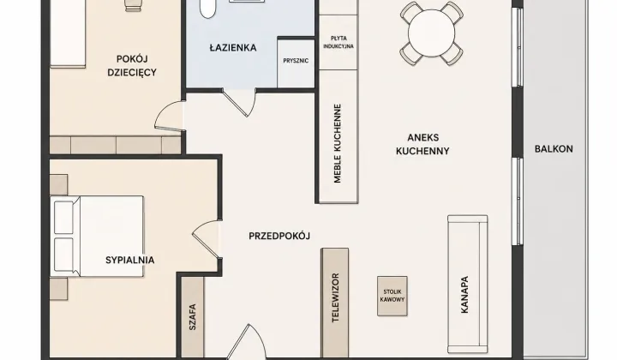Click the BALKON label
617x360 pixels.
(x=554, y=149)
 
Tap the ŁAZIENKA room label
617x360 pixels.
(x=233, y=48)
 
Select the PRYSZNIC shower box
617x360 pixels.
(x=296, y=63)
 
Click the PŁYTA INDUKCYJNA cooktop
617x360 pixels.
(x=338, y=43)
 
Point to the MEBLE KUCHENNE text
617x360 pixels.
(x=338, y=144)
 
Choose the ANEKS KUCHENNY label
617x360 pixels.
(x=422, y=144)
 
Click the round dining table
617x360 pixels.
(x=431, y=33)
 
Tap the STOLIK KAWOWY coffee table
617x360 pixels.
(x=392, y=296)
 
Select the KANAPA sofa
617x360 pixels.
(x=468, y=284)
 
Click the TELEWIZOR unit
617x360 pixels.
(x=335, y=303)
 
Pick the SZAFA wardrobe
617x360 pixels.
(x=193, y=317)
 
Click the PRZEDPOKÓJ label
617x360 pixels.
(x=279, y=236)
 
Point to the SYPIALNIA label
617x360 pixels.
(x=130, y=260)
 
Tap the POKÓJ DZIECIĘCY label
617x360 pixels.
(x=132, y=66)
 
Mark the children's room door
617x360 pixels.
(x=170, y=115)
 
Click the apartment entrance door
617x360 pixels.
(x=247, y=341)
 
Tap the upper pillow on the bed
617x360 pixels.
(x=63, y=218)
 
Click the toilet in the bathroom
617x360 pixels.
(x=207, y=8)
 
